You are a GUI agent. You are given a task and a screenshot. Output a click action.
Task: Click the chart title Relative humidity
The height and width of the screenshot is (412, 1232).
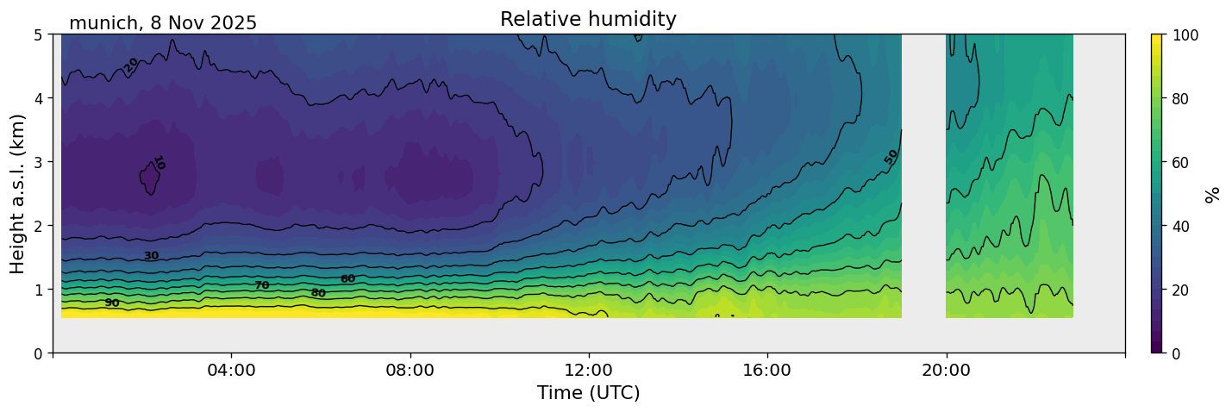588,19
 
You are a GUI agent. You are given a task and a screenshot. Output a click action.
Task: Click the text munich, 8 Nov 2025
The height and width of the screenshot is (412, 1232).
163,23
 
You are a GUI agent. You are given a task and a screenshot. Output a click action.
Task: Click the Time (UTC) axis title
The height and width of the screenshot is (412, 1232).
588,394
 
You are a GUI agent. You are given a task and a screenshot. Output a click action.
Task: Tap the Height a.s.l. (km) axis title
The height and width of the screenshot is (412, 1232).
18,193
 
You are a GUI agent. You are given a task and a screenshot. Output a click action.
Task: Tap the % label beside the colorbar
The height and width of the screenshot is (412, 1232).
1213,194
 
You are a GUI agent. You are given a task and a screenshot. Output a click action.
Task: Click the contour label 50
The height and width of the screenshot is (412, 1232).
891,156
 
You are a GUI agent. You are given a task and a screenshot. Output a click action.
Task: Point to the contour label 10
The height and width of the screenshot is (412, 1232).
159,163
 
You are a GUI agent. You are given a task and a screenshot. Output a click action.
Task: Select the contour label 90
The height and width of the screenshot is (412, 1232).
112,303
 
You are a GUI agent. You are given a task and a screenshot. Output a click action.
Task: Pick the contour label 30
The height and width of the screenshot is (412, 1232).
151,256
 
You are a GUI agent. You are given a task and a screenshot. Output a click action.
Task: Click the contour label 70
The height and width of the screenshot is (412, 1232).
262,285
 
